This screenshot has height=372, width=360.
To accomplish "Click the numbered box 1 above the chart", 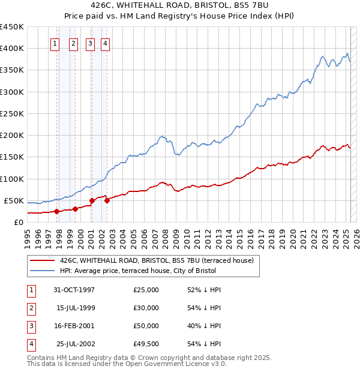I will [55, 43].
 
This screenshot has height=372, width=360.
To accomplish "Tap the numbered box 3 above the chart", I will [89, 43].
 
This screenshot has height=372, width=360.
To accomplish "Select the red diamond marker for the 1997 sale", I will [56, 211].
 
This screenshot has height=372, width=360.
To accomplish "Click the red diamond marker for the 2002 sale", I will [107, 200].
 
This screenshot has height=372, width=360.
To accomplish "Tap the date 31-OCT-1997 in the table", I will [74, 290].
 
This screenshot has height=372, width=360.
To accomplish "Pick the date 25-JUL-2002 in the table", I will [74, 344].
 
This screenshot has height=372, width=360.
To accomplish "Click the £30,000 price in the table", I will [146, 308].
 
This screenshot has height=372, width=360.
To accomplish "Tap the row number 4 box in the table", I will [31, 344].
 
